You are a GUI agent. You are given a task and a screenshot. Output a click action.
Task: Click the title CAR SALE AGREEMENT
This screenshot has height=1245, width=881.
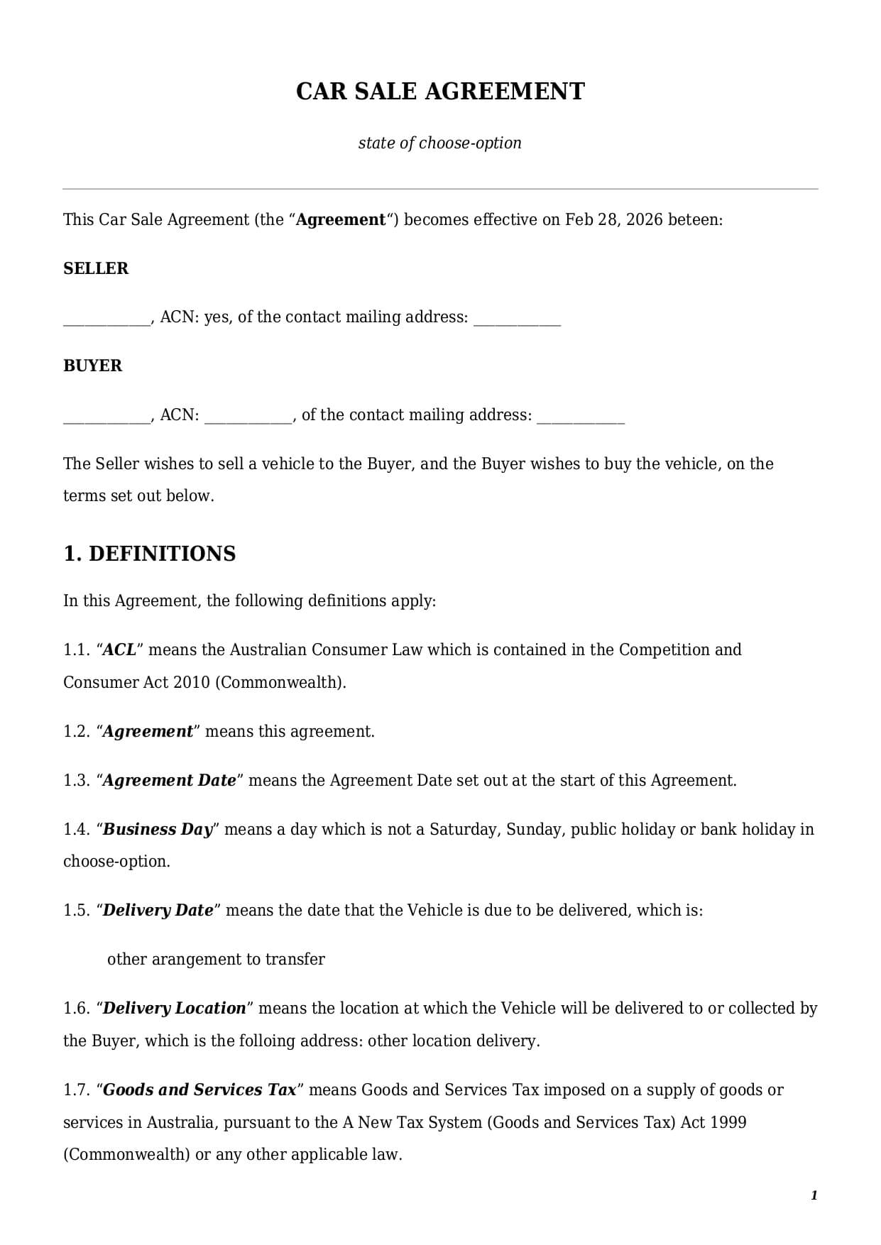[x=440, y=92]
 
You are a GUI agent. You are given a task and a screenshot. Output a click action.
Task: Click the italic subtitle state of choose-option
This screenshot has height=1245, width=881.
[x=439, y=143]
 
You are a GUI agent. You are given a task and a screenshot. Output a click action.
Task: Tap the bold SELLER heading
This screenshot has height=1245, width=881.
[x=96, y=268]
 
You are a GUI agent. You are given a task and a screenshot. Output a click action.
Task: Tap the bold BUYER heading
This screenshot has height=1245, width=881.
[x=92, y=366]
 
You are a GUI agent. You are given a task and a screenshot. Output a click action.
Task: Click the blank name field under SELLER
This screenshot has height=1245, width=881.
[x=106, y=319]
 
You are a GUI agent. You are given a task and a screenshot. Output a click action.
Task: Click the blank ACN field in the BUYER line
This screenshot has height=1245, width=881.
[x=248, y=417]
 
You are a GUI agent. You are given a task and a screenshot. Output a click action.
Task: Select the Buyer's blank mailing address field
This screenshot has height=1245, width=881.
[x=580, y=417]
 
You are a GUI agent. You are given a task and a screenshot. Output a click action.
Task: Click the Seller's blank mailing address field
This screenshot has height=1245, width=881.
[x=517, y=319]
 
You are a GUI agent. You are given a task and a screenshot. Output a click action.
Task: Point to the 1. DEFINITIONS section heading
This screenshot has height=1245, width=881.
[x=149, y=554]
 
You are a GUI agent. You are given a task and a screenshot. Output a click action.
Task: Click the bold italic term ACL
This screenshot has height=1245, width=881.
[x=119, y=650]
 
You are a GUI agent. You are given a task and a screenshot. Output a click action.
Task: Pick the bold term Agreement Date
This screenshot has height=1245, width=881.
[x=169, y=781]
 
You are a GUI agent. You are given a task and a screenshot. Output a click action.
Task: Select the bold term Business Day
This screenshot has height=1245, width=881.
[x=158, y=830]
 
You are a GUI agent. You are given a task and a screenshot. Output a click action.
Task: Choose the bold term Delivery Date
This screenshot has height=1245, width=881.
[x=158, y=911]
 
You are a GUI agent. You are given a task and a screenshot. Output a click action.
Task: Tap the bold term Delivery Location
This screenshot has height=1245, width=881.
[x=174, y=1009]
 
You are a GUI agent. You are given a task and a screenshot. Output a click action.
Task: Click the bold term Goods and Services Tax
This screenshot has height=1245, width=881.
[x=199, y=1090]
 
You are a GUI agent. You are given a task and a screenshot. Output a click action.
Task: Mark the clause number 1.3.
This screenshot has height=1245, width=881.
[x=76, y=781]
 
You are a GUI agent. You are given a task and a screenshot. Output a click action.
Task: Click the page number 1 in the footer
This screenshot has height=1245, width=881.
[x=814, y=1195]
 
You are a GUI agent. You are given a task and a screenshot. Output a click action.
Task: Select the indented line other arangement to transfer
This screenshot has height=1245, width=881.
[x=216, y=960]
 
